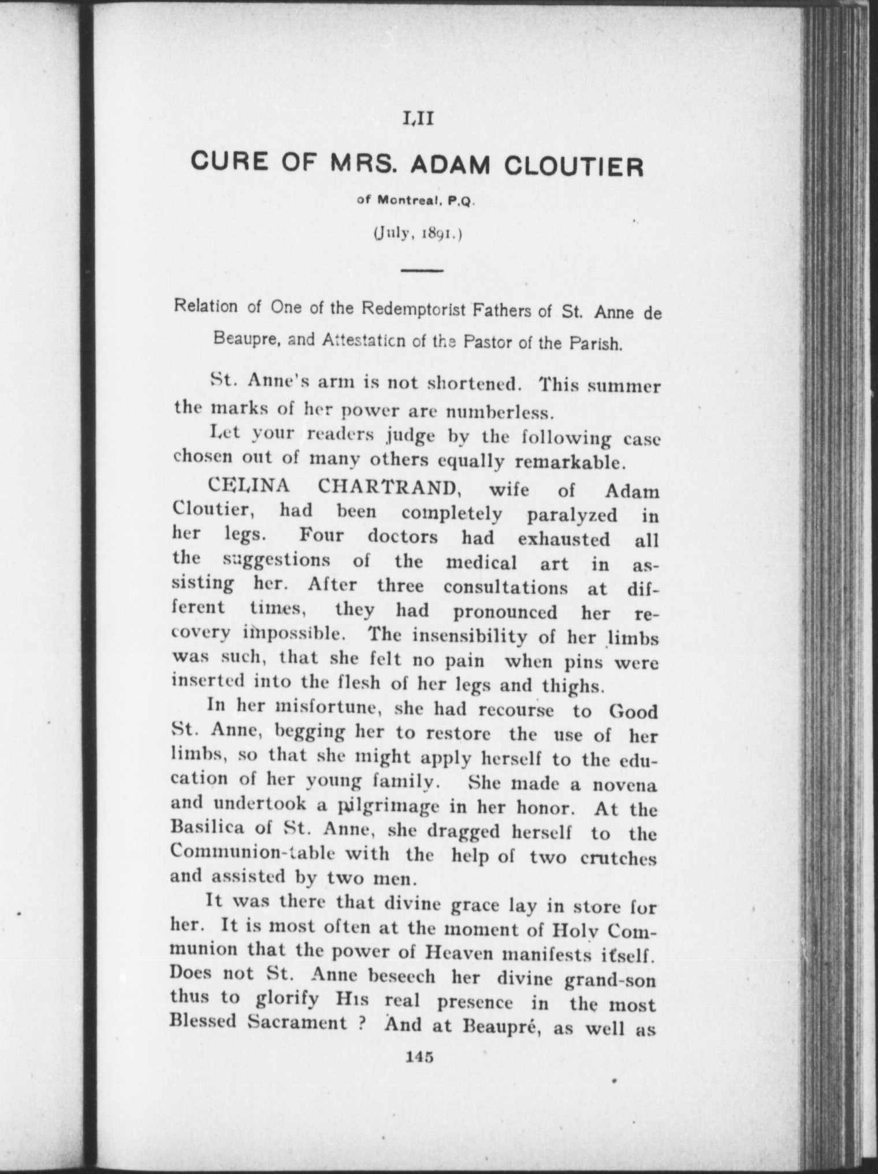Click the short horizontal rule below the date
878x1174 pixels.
pyautogui.click(x=421, y=270)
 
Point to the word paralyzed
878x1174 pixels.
pyautogui.click(x=572, y=514)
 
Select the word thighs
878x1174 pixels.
pyautogui.click(x=572, y=686)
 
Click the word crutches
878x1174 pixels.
pyautogui.click(x=619, y=859)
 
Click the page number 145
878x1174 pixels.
pyautogui.click(x=420, y=1057)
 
